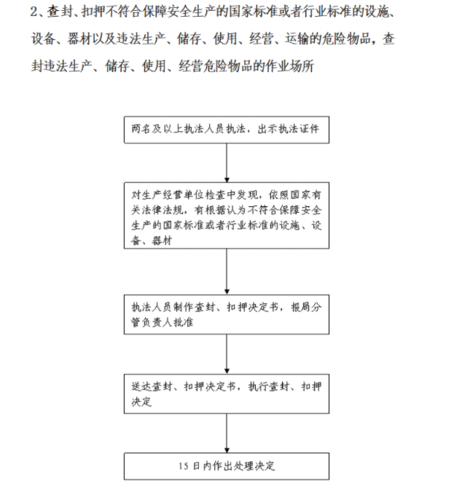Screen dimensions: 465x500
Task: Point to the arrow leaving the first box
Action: [x=227, y=163]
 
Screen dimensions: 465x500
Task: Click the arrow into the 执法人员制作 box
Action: [x=227, y=272]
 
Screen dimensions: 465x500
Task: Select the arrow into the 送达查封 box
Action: [x=227, y=354]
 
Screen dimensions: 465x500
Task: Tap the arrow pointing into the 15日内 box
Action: [x=227, y=433]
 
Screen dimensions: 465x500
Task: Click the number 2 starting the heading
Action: [x=34, y=12]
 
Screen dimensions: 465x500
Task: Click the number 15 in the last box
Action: [x=183, y=466]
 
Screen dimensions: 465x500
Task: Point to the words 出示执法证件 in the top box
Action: [x=289, y=129]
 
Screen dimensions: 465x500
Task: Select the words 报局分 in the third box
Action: [x=306, y=307]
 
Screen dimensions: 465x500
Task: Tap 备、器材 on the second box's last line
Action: [x=152, y=241]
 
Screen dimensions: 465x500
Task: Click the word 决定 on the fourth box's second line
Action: [x=141, y=402]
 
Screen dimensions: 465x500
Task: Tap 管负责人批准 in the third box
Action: [x=163, y=322]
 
